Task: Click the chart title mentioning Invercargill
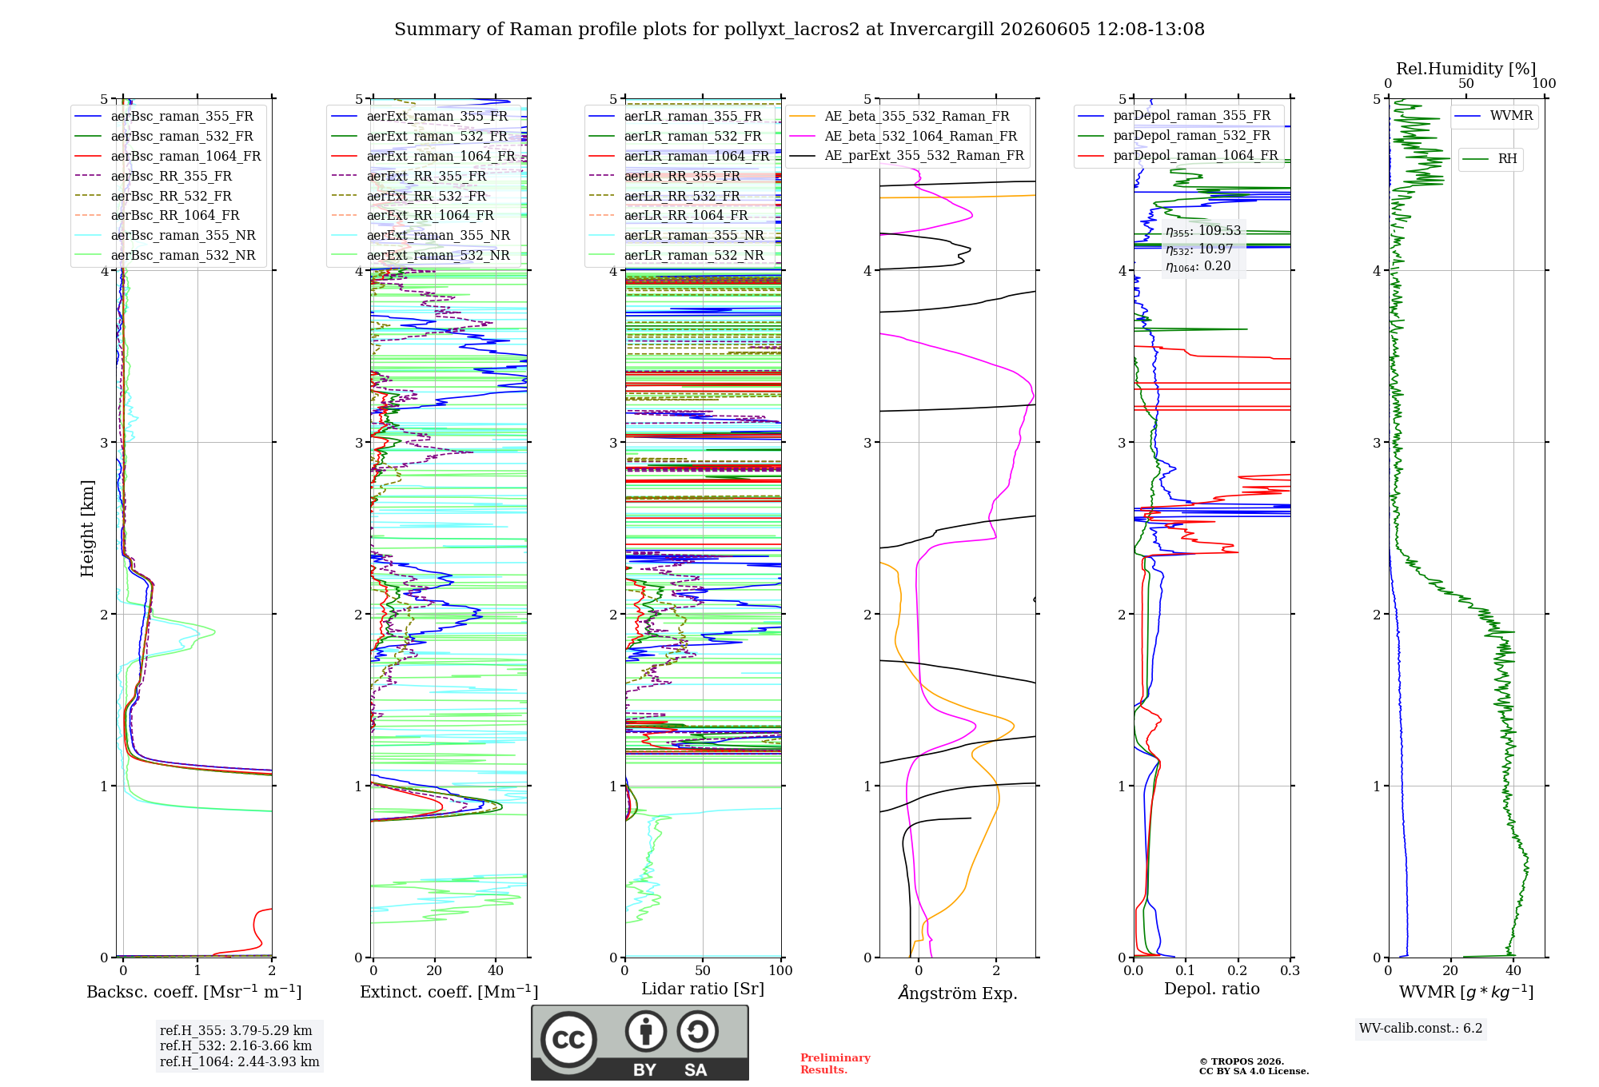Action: click(799, 30)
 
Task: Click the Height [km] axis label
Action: click(87, 528)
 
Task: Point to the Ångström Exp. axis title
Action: click(958, 993)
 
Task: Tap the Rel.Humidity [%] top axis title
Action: click(1465, 69)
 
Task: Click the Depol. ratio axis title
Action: click(1212, 989)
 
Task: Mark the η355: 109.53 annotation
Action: click(1203, 231)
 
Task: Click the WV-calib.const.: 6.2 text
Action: click(1421, 1028)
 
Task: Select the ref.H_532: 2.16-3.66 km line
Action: click(236, 1045)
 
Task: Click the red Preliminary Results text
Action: click(835, 1064)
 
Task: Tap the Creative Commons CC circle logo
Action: click(568, 1039)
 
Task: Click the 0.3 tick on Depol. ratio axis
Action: click(1290, 970)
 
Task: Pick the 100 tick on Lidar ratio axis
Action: click(780, 970)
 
